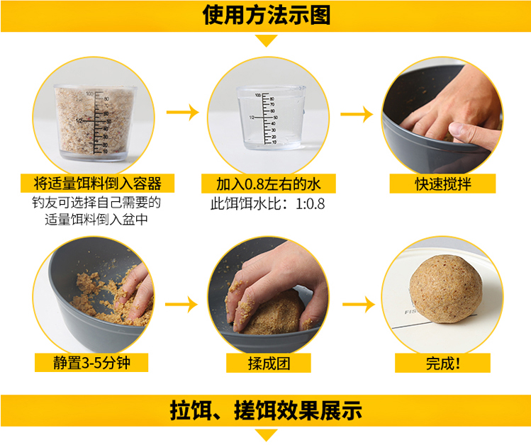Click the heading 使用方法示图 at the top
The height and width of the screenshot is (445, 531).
tap(266, 15)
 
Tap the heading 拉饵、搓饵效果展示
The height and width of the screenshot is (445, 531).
tap(266, 410)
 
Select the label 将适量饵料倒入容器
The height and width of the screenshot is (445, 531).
tap(98, 184)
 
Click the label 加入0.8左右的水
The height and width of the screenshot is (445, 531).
tap(268, 184)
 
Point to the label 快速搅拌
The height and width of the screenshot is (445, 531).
tap(443, 184)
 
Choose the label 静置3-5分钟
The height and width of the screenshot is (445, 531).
tap(91, 363)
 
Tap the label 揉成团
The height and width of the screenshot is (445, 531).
tap(269, 363)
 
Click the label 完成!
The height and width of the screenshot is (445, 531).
tap(442, 363)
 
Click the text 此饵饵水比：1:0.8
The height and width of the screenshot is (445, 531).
tap(267, 203)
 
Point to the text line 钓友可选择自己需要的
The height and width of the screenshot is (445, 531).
tap(96, 203)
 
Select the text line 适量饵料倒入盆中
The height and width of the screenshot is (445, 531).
tap(96, 219)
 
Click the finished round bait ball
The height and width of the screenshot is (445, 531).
tap(445, 288)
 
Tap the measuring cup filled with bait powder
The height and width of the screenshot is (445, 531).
tap(96, 123)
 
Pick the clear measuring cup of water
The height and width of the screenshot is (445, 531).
tap(271, 118)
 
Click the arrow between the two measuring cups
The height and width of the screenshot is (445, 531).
tap(182, 112)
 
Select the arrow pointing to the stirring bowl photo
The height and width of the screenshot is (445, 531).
tap(357, 114)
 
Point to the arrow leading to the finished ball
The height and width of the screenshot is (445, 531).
tap(359, 304)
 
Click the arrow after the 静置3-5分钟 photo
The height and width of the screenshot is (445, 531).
tap(181, 304)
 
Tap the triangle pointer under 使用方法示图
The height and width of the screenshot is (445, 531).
tap(266, 40)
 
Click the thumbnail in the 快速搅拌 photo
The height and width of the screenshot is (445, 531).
tap(457, 128)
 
